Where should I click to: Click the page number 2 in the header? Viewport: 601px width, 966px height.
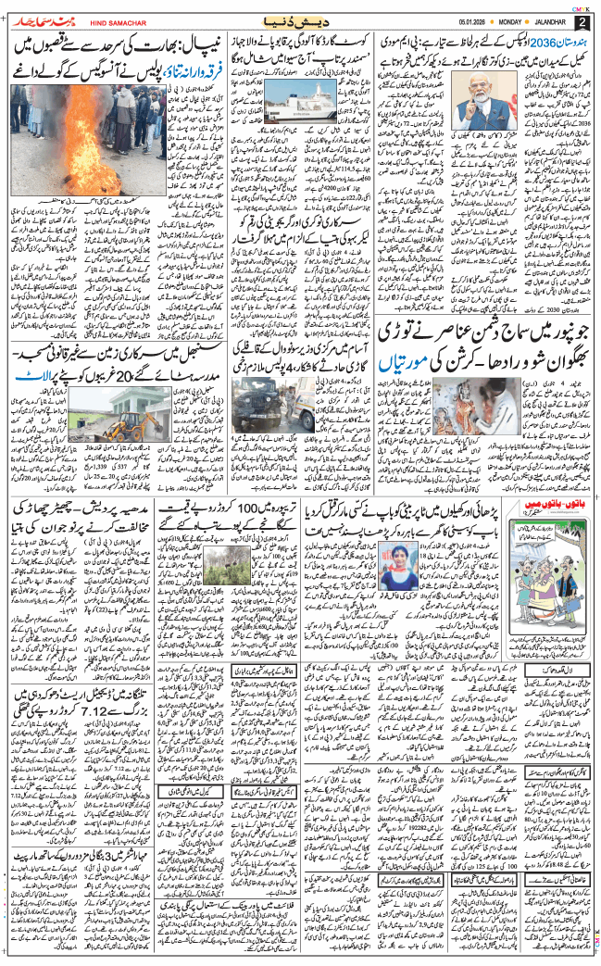(x=582, y=21)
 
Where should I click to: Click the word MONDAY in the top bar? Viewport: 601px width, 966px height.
(x=510, y=21)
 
